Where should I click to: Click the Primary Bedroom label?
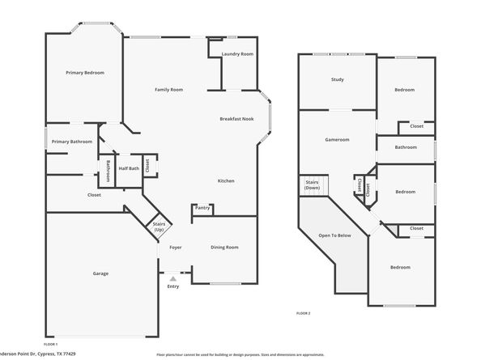click(x=85, y=73)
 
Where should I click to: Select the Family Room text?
click(x=168, y=89)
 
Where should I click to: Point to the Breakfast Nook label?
click(x=236, y=119)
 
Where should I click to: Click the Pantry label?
click(x=202, y=208)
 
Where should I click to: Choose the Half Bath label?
click(x=129, y=168)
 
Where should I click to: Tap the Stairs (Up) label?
click(x=159, y=227)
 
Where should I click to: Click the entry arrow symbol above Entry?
click(x=172, y=277)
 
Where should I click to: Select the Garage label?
click(x=100, y=273)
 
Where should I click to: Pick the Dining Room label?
click(x=224, y=247)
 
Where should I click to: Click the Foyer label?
click(x=175, y=247)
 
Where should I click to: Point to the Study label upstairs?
click(x=337, y=79)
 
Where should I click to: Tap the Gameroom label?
click(x=337, y=139)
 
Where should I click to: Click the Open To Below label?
click(x=334, y=235)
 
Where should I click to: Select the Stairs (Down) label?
click(x=312, y=185)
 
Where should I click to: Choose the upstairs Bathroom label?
click(x=406, y=147)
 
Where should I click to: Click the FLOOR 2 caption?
click(x=303, y=312)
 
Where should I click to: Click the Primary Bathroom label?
click(x=71, y=142)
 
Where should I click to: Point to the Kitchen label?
click(x=226, y=180)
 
